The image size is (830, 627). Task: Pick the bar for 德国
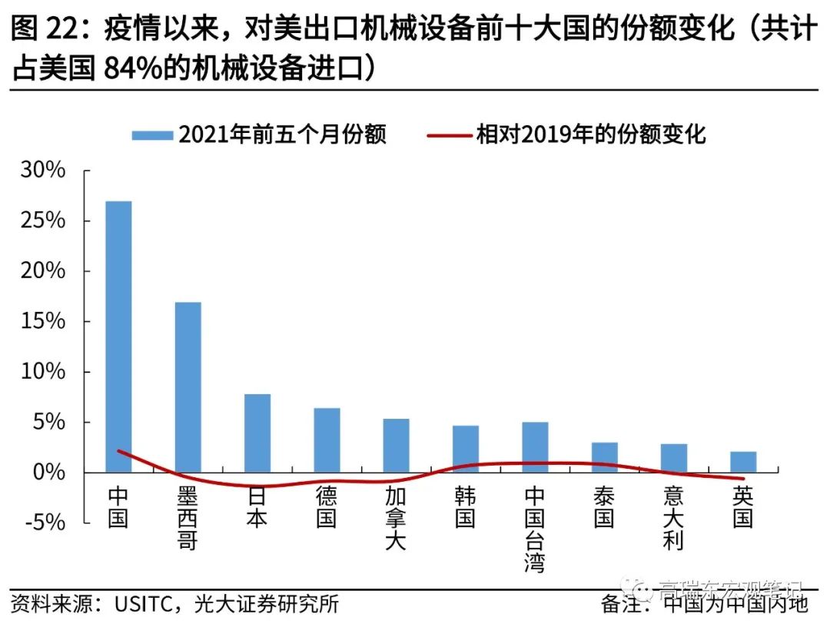click(327, 440)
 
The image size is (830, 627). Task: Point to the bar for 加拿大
click(396, 445)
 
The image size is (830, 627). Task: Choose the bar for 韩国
click(465, 449)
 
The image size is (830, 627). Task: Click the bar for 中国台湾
click(535, 446)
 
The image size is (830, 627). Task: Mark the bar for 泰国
click(604, 456)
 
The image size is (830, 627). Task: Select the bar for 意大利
click(673, 457)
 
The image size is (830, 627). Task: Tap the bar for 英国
click(743, 461)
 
